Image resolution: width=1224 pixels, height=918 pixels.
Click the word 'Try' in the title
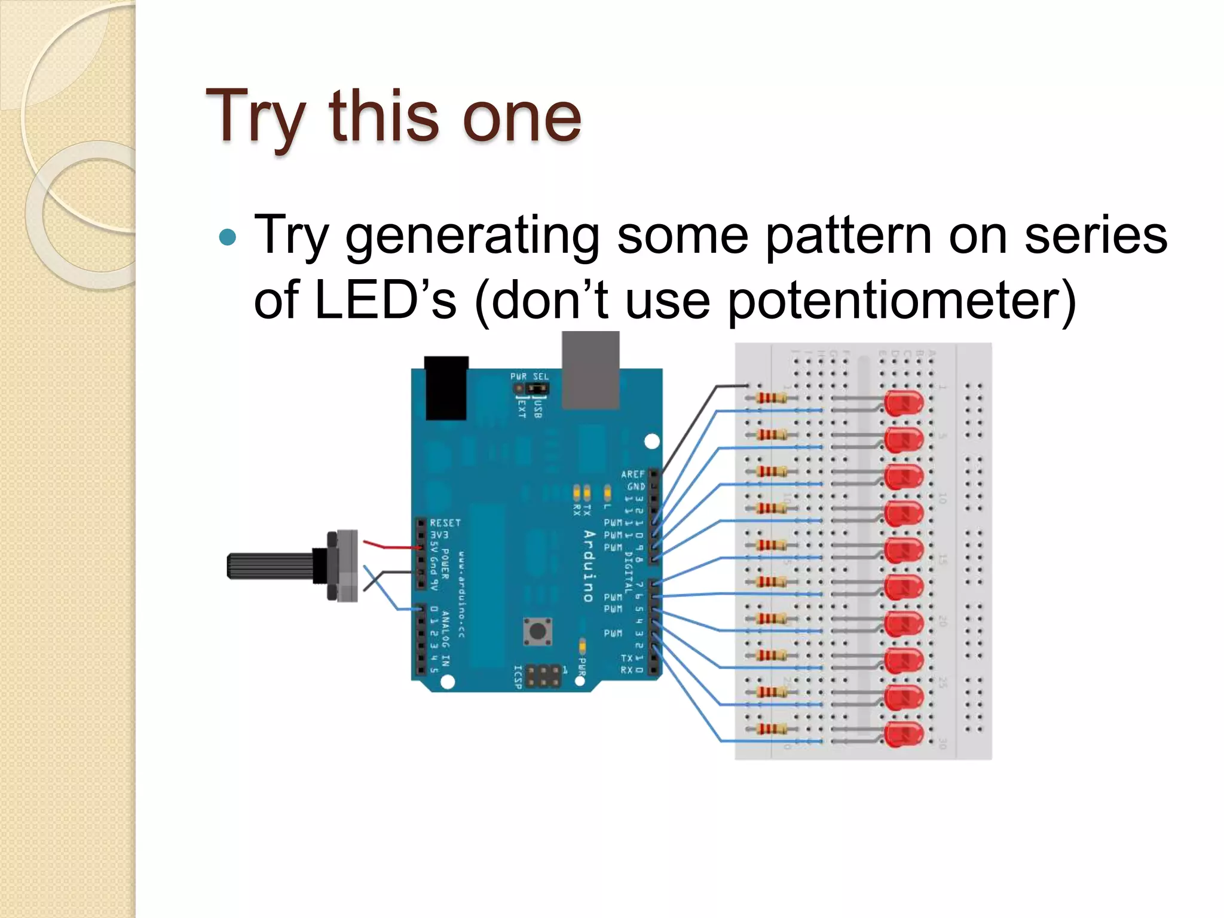pyautogui.click(x=256, y=117)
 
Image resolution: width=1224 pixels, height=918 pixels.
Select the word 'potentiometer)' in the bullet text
pyautogui.click(x=902, y=301)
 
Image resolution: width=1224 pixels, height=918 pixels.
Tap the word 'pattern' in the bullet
pyautogui.click(x=848, y=235)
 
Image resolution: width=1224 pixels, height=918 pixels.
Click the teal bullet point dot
pyautogui.click(x=228, y=238)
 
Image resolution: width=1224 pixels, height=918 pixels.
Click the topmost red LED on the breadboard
pyautogui.click(x=903, y=403)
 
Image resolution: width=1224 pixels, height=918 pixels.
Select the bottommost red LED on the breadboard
pyautogui.click(x=903, y=734)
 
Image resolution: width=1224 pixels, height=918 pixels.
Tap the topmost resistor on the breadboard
pyautogui.click(x=771, y=398)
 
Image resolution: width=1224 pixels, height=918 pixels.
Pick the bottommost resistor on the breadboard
pyautogui.click(x=771, y=729)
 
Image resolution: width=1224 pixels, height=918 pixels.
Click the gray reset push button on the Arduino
pyautogui.click(x=538, y=631)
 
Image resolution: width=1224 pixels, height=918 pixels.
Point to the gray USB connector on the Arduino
pyautogui.click(x=590, y=371)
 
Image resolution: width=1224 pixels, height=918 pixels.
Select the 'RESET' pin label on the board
pyautogui.click(x=445, y=522)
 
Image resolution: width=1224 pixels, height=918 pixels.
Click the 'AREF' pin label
pyautogui.click(x=633, y=474)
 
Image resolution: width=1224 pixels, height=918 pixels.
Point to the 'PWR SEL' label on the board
pyautogui.click(x=529, y=377)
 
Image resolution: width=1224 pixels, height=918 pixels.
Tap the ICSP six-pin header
pyautogui.click(x=543, y=675)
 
